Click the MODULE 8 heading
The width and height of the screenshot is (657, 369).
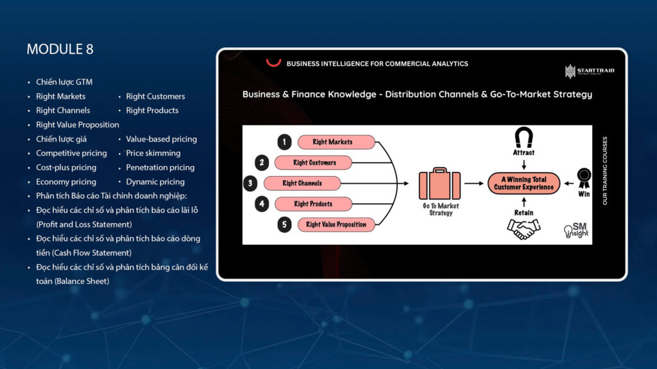pos(60,49)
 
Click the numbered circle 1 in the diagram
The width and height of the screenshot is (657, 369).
pos(284,142)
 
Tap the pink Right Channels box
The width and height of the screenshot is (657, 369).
pos(302,183)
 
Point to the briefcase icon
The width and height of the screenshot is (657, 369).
pos(439,184)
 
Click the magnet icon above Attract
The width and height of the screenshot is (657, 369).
pos(524,137)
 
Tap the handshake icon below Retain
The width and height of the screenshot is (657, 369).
pos(524,229)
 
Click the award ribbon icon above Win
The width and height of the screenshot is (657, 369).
pos(583,175)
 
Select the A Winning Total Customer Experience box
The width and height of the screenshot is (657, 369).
pos(524,184)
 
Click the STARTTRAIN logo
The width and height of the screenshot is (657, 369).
pos(589,71)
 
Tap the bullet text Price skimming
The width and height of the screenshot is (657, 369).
pos(153,153)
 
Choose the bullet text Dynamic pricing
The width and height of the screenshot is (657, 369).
pos(155,182)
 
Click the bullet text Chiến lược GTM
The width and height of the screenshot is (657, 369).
pos(64,82)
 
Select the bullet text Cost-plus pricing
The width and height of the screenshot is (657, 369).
pos(66,167)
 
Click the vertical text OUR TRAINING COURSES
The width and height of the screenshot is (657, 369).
pos(604,170)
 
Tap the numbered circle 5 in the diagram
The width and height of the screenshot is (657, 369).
pos(284,225)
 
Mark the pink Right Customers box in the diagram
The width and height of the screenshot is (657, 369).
pos(314,163)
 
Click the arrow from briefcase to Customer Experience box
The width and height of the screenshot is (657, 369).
pos(474,184)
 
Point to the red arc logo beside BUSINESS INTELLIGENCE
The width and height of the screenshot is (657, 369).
pos(274,63)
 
